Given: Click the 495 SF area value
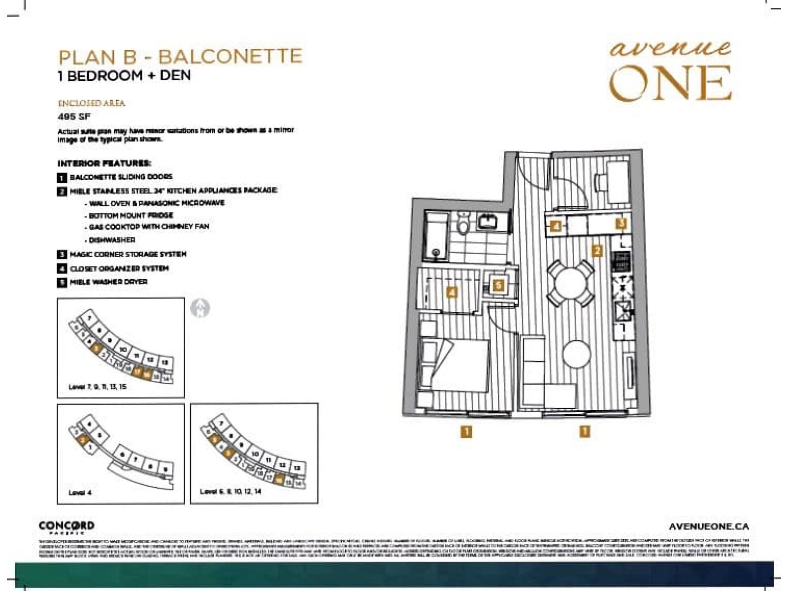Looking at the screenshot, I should [74, 117].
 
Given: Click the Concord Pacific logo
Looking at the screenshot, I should [66, 527].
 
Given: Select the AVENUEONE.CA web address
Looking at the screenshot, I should [709, 526].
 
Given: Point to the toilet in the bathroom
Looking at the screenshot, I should [462, 225].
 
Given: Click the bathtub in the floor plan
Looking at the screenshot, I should [436, 236].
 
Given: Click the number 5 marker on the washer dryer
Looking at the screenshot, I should [499, 285].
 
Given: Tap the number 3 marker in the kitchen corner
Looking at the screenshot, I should [622, 223].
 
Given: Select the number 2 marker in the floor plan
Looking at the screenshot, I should [597, 251].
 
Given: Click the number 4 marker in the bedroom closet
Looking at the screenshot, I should [452, 293].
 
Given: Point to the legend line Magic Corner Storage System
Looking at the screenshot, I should [128, 254].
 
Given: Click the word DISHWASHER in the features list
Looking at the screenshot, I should [112, 240].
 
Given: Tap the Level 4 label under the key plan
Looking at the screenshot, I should [80, 492].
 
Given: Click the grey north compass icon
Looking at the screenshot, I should [200, 308].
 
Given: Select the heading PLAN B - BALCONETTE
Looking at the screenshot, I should [180, 57].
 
